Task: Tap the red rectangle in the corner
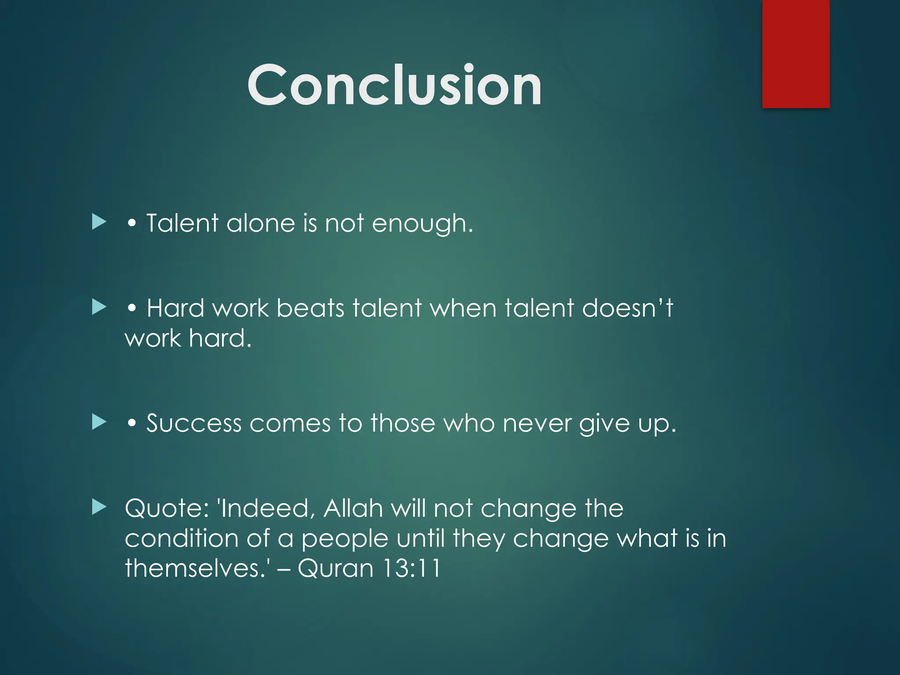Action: tap(795, 54)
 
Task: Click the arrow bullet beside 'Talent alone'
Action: tap(99, 222)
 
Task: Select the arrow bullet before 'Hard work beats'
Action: tap(99, 307)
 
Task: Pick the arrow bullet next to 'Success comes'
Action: tap(99, 422)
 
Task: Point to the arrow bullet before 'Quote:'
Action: tap(99, 507)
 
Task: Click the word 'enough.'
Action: tap(422, 224)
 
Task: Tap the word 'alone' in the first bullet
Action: tap(260, 223)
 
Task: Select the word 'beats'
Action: tap(310, 308)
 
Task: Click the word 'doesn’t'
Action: tap(627, 308)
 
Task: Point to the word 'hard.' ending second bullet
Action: tap(220, 338)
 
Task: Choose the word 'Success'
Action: tap(194, 423)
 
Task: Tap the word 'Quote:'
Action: tap(167, 508)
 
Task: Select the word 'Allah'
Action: tap(353, 508)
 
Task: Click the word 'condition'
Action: tap(181, 538)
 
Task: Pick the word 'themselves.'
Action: tap(196, 568)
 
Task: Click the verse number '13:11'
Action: tap(412, 568)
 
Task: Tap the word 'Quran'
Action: tap(336, 568)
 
